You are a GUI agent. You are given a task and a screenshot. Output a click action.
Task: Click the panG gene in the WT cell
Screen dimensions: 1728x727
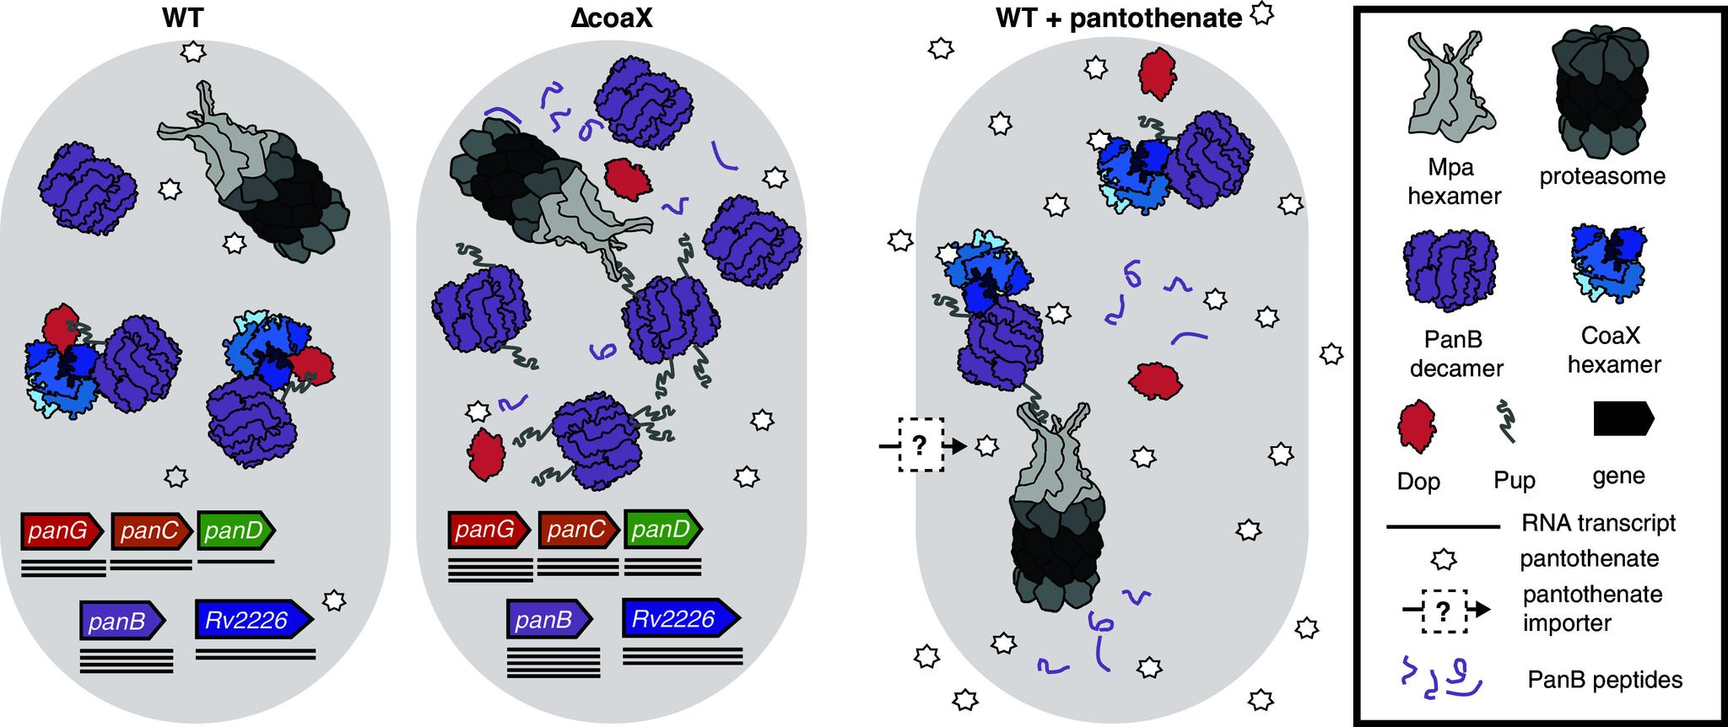(62, 530)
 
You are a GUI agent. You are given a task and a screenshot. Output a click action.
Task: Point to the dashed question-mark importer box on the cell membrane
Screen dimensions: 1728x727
(920, 444)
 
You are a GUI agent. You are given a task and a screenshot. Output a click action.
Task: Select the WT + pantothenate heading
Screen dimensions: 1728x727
(1119, 19)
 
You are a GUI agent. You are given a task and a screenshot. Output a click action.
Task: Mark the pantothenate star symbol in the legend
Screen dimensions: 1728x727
(1445, 558)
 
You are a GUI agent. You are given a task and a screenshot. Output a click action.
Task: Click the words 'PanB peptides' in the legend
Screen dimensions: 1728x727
(1605, 680)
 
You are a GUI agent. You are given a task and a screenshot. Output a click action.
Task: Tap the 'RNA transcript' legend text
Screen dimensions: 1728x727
(1599, 523)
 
